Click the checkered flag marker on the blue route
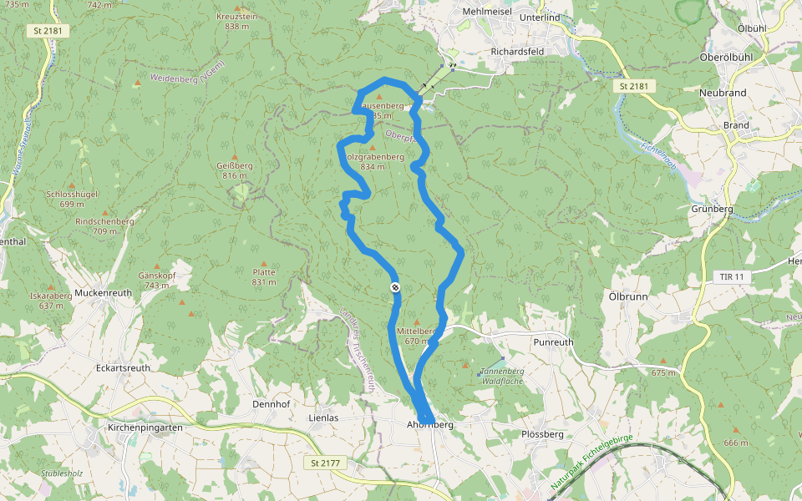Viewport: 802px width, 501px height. click(x=395, y=287)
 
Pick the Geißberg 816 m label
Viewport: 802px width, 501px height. click(x=235, y=170)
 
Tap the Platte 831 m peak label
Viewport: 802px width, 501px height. click(x=264, y=277)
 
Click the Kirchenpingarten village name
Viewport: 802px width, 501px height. click(x=145, y=427)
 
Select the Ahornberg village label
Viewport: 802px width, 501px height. click(x=430, y=425)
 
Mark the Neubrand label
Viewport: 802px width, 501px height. click(x=723, y=93)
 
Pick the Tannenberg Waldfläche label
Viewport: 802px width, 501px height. click(x=502, y=376)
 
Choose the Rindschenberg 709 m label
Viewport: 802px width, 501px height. click(x=104, y=226)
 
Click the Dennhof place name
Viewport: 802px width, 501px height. click(x=270, y=404)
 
